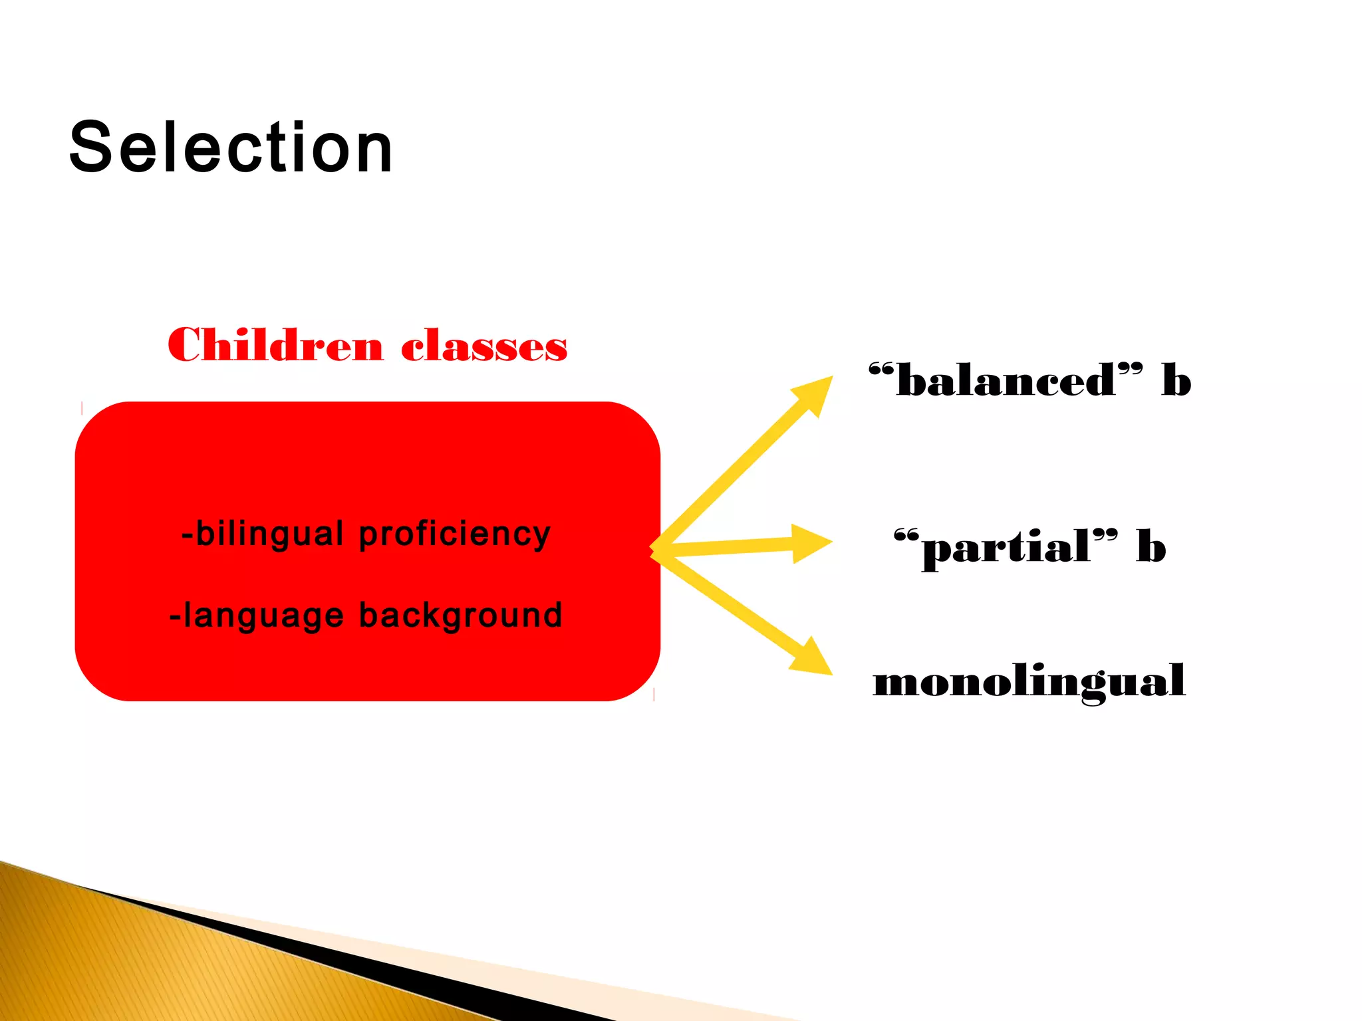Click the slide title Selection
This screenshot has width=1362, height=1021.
(x=231, y=148)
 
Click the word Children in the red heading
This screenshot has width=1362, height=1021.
(x=275, y=346)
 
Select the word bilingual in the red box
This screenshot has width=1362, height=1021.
(x=269, y=534)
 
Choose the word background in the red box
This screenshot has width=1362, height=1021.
(x=461, y=615)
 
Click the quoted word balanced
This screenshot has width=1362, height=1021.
(x=1006, y=381)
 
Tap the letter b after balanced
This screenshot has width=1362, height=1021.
(x=1176, y=381)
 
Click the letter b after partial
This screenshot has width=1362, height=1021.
(x=1151, y=546)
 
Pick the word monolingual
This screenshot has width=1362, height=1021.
(x=1029, y=681)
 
